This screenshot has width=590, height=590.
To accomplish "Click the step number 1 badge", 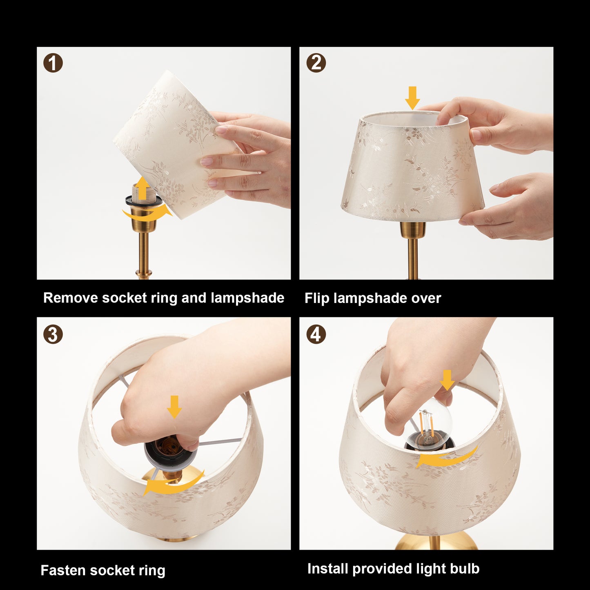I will click(53, 64).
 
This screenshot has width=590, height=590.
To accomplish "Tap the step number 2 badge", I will click(316, 63).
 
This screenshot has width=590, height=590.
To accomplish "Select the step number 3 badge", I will click(53, 334).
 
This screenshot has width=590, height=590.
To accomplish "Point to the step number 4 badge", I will click(316, 334).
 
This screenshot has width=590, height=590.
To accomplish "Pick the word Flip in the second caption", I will click(317, 298).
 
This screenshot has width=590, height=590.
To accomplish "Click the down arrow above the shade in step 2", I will click(412, 98).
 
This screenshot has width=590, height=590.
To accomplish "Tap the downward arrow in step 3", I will click(174, 406).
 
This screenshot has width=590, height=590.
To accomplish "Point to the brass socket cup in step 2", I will click(412, 230).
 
